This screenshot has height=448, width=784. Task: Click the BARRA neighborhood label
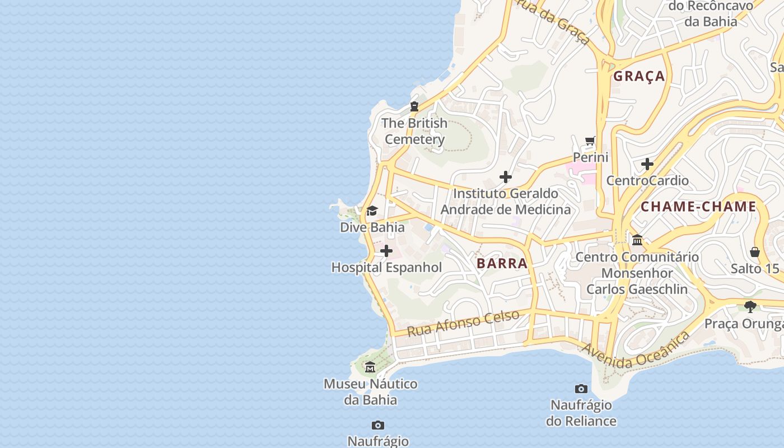click(502, 263)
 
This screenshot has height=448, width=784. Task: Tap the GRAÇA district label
click(639, 76)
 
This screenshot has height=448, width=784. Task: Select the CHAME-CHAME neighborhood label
click(698, 207)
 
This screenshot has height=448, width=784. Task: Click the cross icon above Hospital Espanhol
click(386, 251)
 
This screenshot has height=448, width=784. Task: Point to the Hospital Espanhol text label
click(386, 268)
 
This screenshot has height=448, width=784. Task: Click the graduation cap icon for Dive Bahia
click(372, 211)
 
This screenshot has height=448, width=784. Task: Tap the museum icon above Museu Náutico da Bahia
click(370, 367)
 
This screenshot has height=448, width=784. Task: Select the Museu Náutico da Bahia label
click(370, 392)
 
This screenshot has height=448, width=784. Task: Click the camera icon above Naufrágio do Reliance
click(581, 389)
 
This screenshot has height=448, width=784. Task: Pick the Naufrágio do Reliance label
click(581, 413)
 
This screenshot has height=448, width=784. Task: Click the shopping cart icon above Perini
click(590, 141)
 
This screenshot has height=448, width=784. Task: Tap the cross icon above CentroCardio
click(647, 164)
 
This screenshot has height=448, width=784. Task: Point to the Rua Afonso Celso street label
click(463, 323)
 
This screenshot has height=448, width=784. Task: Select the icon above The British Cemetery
click(414, 106)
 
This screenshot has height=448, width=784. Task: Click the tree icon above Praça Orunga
click(750, 306)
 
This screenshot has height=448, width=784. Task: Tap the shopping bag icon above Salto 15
click(755, 252)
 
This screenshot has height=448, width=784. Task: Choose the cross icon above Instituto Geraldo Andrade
click(506, 177)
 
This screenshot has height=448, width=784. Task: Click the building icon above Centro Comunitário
click(637, 240)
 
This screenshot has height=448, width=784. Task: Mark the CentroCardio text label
click(647, 180)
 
